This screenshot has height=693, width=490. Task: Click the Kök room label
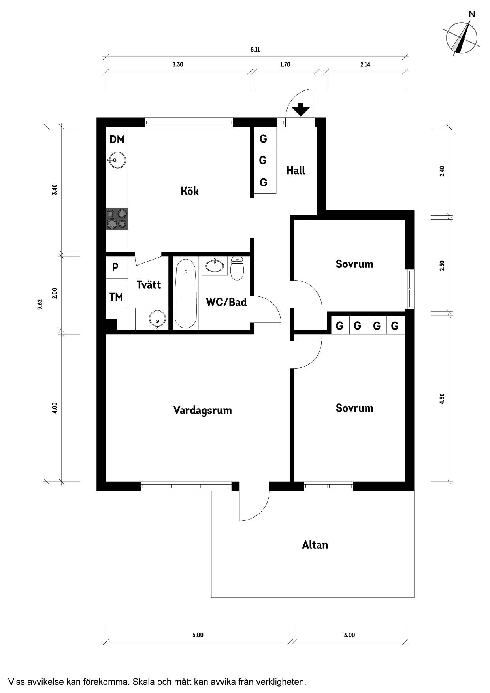[x=190, y=191]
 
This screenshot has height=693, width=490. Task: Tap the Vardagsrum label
[x=202, y=410]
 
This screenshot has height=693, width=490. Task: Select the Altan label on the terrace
[x=315, y=545]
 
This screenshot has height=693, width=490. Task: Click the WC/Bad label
[x=226, y=302]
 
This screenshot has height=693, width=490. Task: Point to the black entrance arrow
[x=301, y=109]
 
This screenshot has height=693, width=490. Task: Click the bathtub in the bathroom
[x=186, y=293]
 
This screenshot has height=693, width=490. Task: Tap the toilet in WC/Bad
[x=237, y=268]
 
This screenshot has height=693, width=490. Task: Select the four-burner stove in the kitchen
[x=117, y=219]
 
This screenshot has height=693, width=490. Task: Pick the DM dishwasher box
[x=117, y=139]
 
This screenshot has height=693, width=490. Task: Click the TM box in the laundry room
[x=117, y=297]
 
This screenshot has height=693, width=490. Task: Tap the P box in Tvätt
[x=117, y=267]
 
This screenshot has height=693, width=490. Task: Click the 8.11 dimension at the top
[x=255, y=50]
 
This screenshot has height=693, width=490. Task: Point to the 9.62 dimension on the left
[x=40, y=305]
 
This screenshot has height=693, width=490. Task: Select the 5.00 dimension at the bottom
[x=198, y=635]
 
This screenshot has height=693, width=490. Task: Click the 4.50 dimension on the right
[x=442, y=399]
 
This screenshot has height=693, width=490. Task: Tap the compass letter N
[x=472, y=14]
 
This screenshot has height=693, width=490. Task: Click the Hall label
[x=296, y=171]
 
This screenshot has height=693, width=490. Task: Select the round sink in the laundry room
[x=158, y=318]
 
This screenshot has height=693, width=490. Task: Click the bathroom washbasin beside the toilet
[x=215, y=266]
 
